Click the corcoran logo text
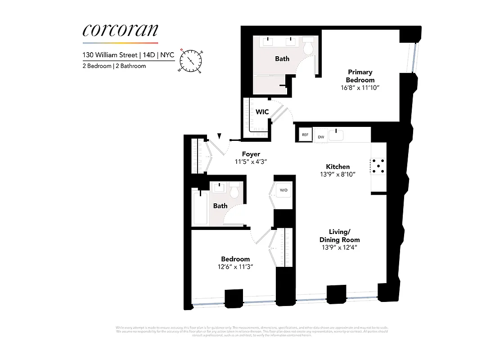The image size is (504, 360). point(120,31)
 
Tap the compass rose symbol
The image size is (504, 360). point(191,60)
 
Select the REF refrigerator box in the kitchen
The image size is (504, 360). point(305,135)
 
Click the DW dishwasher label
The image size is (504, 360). point(321,136)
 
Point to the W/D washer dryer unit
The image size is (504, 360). point(283,190)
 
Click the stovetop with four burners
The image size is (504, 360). point(378,166)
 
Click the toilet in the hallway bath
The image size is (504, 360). point(234,191)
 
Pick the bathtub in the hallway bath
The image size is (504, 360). point(200,207)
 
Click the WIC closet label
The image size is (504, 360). point(262,112)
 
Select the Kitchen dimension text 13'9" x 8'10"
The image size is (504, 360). point(338,174)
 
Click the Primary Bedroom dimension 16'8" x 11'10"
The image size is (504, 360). point(360,87)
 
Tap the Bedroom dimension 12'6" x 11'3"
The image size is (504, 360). point(235,266)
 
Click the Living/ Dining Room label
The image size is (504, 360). point(340,236)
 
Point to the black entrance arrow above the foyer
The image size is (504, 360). point(219,136)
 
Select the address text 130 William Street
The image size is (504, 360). point(109,55)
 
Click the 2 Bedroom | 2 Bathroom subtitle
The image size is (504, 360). point(114,66)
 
